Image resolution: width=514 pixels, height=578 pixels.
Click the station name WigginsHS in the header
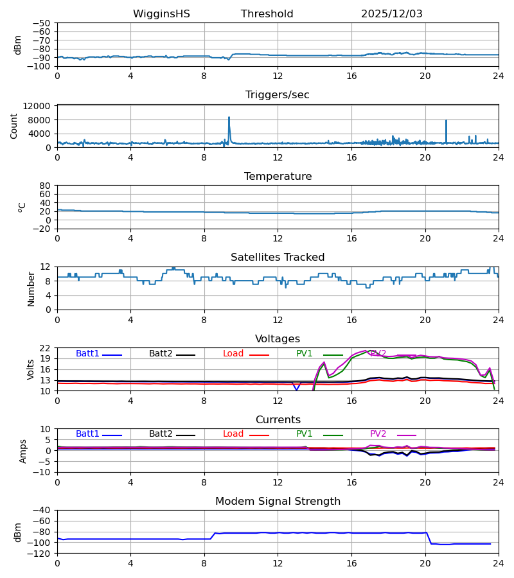tap(161, 14)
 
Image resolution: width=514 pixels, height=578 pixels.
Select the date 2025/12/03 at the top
tap(391, 14)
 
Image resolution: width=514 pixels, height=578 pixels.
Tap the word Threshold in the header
tap(267, 14)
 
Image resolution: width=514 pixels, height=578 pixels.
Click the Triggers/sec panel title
tap(277, 95)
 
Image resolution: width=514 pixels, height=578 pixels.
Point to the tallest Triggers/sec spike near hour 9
tap(229, 118)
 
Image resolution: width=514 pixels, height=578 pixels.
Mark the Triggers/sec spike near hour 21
tap(446, 121)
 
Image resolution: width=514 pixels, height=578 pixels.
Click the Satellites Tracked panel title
tap(277, 258)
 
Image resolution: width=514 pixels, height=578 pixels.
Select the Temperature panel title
tap(277, 177)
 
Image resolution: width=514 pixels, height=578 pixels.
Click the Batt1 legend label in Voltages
tap(87, 354)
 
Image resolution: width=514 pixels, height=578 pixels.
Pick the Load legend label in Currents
tap(233, 434)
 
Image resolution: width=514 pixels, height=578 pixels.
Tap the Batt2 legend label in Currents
tap(161, 434)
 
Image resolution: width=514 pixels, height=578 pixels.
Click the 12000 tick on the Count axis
tap(40, 106)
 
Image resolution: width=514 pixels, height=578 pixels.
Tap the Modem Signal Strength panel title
tap(277, 502)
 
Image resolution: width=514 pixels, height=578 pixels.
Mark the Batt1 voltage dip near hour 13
tap(296, 389)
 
